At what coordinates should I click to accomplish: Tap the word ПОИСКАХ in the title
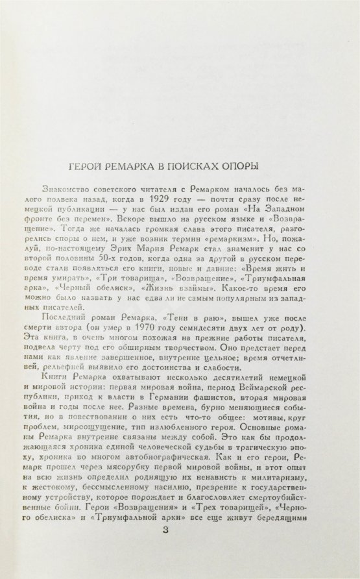point(202,164)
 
